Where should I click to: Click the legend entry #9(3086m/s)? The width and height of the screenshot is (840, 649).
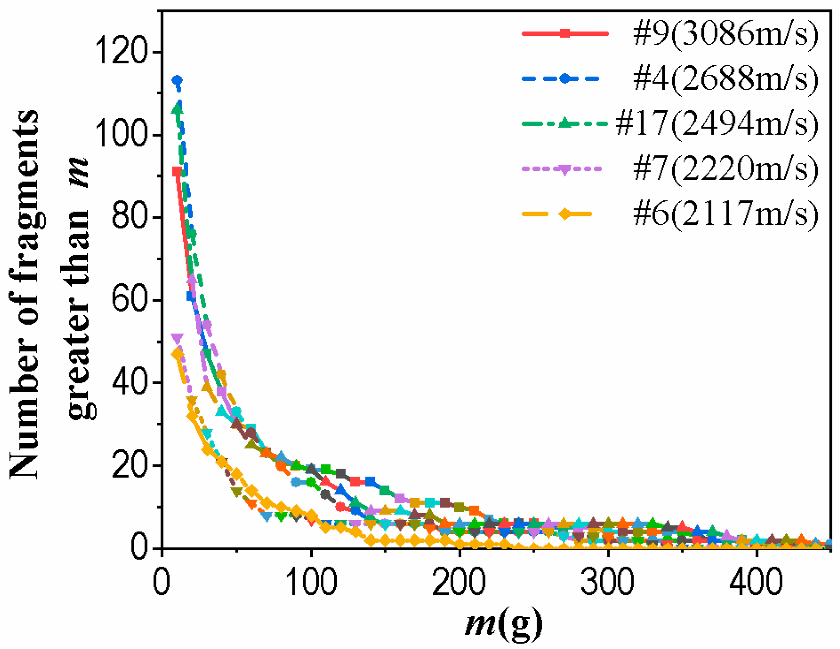(725, 34)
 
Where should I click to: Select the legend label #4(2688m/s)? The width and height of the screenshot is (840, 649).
(725, 78)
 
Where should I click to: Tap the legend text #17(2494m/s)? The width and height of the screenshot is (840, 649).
(717, 123)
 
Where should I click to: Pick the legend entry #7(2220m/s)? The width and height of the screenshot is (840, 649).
(725, 168)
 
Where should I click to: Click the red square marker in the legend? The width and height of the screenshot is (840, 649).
(564, 33)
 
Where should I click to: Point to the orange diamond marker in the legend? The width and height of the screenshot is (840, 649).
(564, 214)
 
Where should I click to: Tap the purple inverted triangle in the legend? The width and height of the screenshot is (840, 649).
(564, 170)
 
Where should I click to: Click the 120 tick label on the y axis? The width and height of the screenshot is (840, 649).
(121, 52)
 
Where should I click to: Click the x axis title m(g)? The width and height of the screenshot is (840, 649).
(504, 623)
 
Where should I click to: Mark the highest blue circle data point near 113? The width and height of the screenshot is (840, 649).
(177, 80)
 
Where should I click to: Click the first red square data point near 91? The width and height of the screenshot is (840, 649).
(177, 172)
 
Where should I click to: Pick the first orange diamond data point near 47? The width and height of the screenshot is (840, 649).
(178, 354)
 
